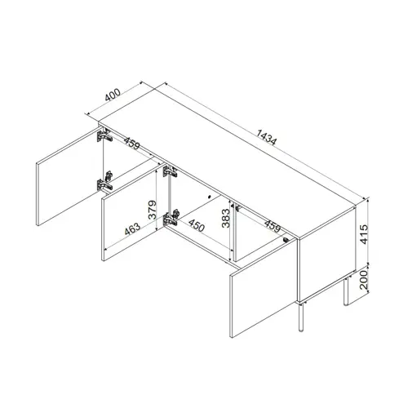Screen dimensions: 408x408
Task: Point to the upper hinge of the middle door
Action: (x=170, y=172)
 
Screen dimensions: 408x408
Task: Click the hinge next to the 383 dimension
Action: (x=234, y=207)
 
